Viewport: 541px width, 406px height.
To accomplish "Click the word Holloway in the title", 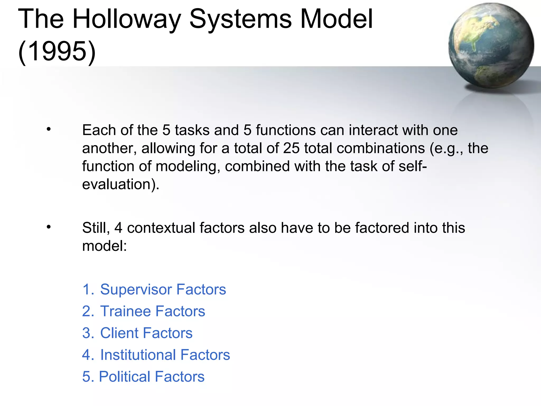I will click(x=126, y=19).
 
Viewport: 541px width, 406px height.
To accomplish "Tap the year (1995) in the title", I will click(x=57, y=51).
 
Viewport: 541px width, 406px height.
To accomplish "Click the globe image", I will click(x=491, y=45).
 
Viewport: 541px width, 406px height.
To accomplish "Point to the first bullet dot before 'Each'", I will click(x=48, y=130).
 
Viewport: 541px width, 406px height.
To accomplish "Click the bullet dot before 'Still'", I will click(x=48, y=227).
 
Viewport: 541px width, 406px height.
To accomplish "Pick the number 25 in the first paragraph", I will click(x=291, y=148).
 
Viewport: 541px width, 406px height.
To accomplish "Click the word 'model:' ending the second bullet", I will click(x=105, y=246).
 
